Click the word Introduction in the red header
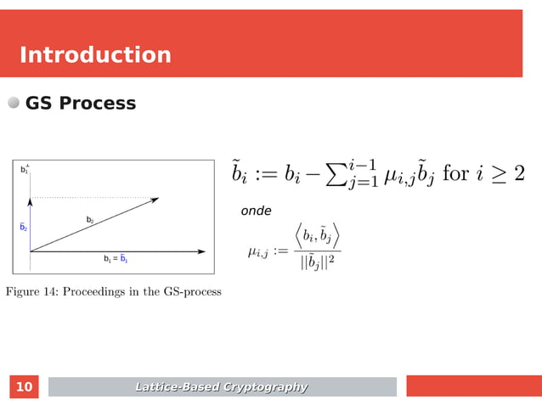[95, 55]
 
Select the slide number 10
[25, 387]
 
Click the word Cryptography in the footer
[265, 387]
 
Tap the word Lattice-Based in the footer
[178, 387]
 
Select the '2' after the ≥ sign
[518, 173]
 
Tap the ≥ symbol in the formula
[497, 174]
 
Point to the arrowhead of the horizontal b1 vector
[202, 251]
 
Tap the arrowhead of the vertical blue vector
[31, 200]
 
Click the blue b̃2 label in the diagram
[24, 228]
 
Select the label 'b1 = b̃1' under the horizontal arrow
[116, 259]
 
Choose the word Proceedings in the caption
[99, 292]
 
